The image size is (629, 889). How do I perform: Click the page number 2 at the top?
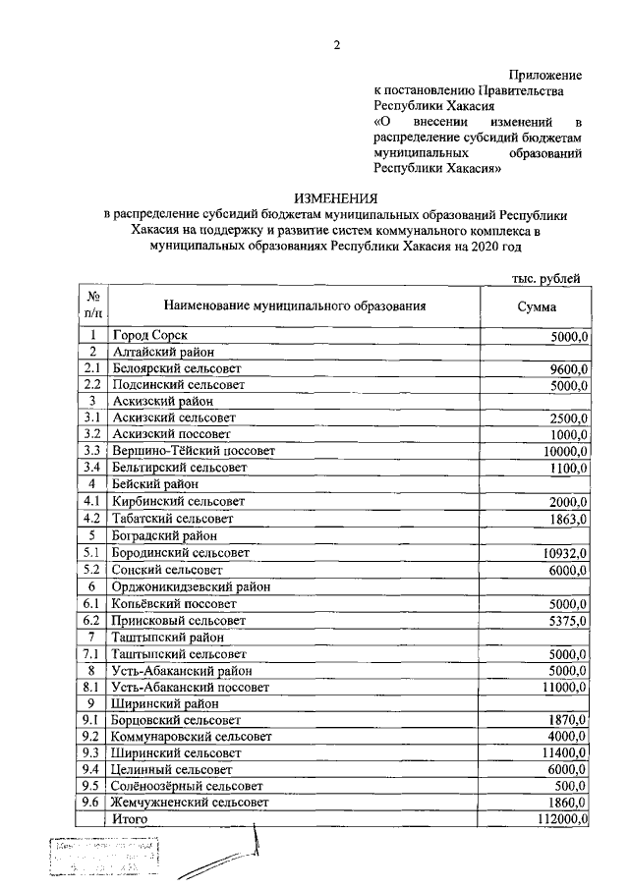pos(336,45)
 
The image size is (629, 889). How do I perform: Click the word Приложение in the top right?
pos(545,75)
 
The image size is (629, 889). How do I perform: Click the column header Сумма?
pos(537,306)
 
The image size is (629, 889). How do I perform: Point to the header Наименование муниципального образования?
pos(294,306)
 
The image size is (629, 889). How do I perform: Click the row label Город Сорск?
pos(149,336)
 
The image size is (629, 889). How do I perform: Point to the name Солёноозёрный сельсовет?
pos(187,786)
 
